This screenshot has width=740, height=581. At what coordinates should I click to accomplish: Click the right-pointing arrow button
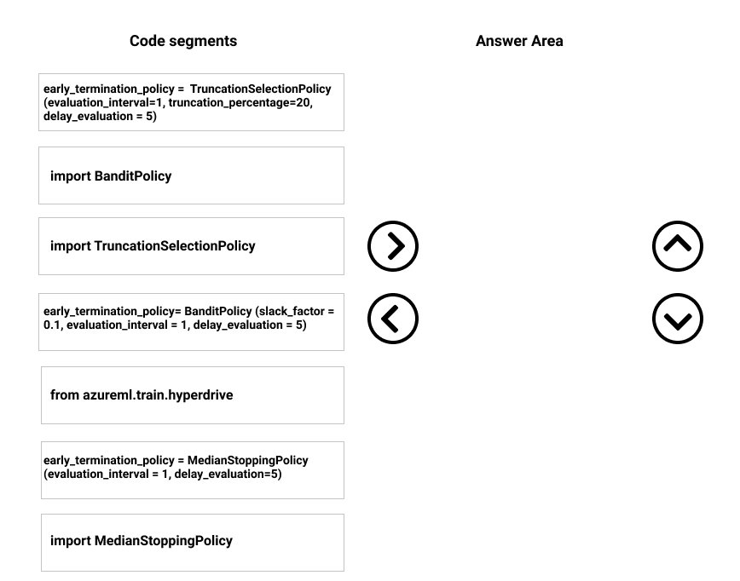tap(393, 245)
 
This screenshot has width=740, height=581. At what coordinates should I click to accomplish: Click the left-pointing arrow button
tap(393, 319)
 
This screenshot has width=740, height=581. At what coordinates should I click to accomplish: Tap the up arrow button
tap(678, 245)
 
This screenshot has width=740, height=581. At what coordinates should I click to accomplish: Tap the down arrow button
tap(678, 319)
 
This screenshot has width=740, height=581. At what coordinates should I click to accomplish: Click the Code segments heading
tap(183, 41)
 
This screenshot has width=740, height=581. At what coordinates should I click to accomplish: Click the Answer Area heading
tap(519, 41)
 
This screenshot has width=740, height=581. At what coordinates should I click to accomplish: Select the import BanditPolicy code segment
tap(191, 175)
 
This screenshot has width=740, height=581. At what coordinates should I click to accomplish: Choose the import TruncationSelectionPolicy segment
tap(191, 246)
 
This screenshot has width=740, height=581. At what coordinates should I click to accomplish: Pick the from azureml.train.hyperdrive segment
tap(193, 395)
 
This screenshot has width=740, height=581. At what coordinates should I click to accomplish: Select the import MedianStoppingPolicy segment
tap(193, 543)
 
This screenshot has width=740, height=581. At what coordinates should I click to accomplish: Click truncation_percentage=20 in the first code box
tap(240, 103)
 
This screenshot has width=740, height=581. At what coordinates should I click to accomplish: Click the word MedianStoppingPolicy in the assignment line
tap(248, 460)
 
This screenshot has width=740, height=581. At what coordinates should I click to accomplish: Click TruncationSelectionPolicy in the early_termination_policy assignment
tap(261, 89)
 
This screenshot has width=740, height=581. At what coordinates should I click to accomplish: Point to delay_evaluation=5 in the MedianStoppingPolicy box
tap(228, 474)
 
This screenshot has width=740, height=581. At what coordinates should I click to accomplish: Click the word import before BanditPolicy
tap(70, 176)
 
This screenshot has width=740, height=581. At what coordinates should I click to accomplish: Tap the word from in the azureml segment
tap(65, 395)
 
